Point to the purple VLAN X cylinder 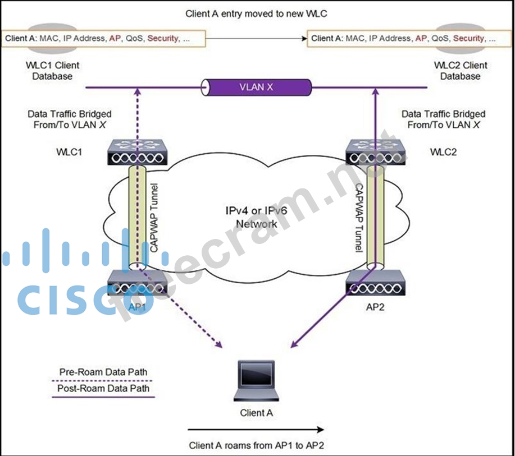(257, 87)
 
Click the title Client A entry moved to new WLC (256, 12)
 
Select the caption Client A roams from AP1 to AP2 (257, 446)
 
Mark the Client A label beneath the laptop (256, 413)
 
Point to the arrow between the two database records (256, 39)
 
